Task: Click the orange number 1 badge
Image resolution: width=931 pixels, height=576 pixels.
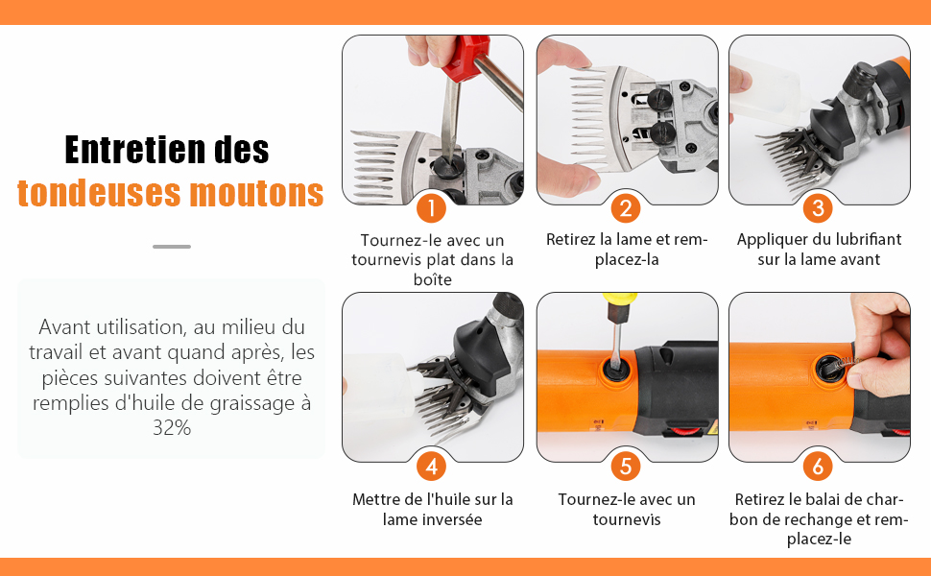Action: point(432,207)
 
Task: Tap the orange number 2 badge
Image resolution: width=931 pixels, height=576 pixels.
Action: point(626,207)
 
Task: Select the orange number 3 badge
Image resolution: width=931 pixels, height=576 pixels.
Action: point(818,207)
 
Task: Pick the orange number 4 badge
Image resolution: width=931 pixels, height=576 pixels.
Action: point(432,467)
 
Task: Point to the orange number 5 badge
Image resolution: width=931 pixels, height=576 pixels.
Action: point(626,467)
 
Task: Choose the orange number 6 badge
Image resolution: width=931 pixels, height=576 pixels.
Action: point(818,467)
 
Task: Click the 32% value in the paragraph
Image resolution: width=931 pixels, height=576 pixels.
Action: point(172,427)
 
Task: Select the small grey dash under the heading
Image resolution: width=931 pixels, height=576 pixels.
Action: point(172,247)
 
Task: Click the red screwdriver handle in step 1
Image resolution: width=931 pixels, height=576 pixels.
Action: point(465,56)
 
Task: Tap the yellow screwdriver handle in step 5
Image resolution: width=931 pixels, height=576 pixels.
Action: point(619,300)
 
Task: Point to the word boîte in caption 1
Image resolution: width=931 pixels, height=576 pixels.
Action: point(432,279)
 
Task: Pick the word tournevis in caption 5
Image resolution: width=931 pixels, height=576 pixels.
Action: point(627,519)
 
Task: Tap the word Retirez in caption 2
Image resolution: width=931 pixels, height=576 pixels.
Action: point(571,239)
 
